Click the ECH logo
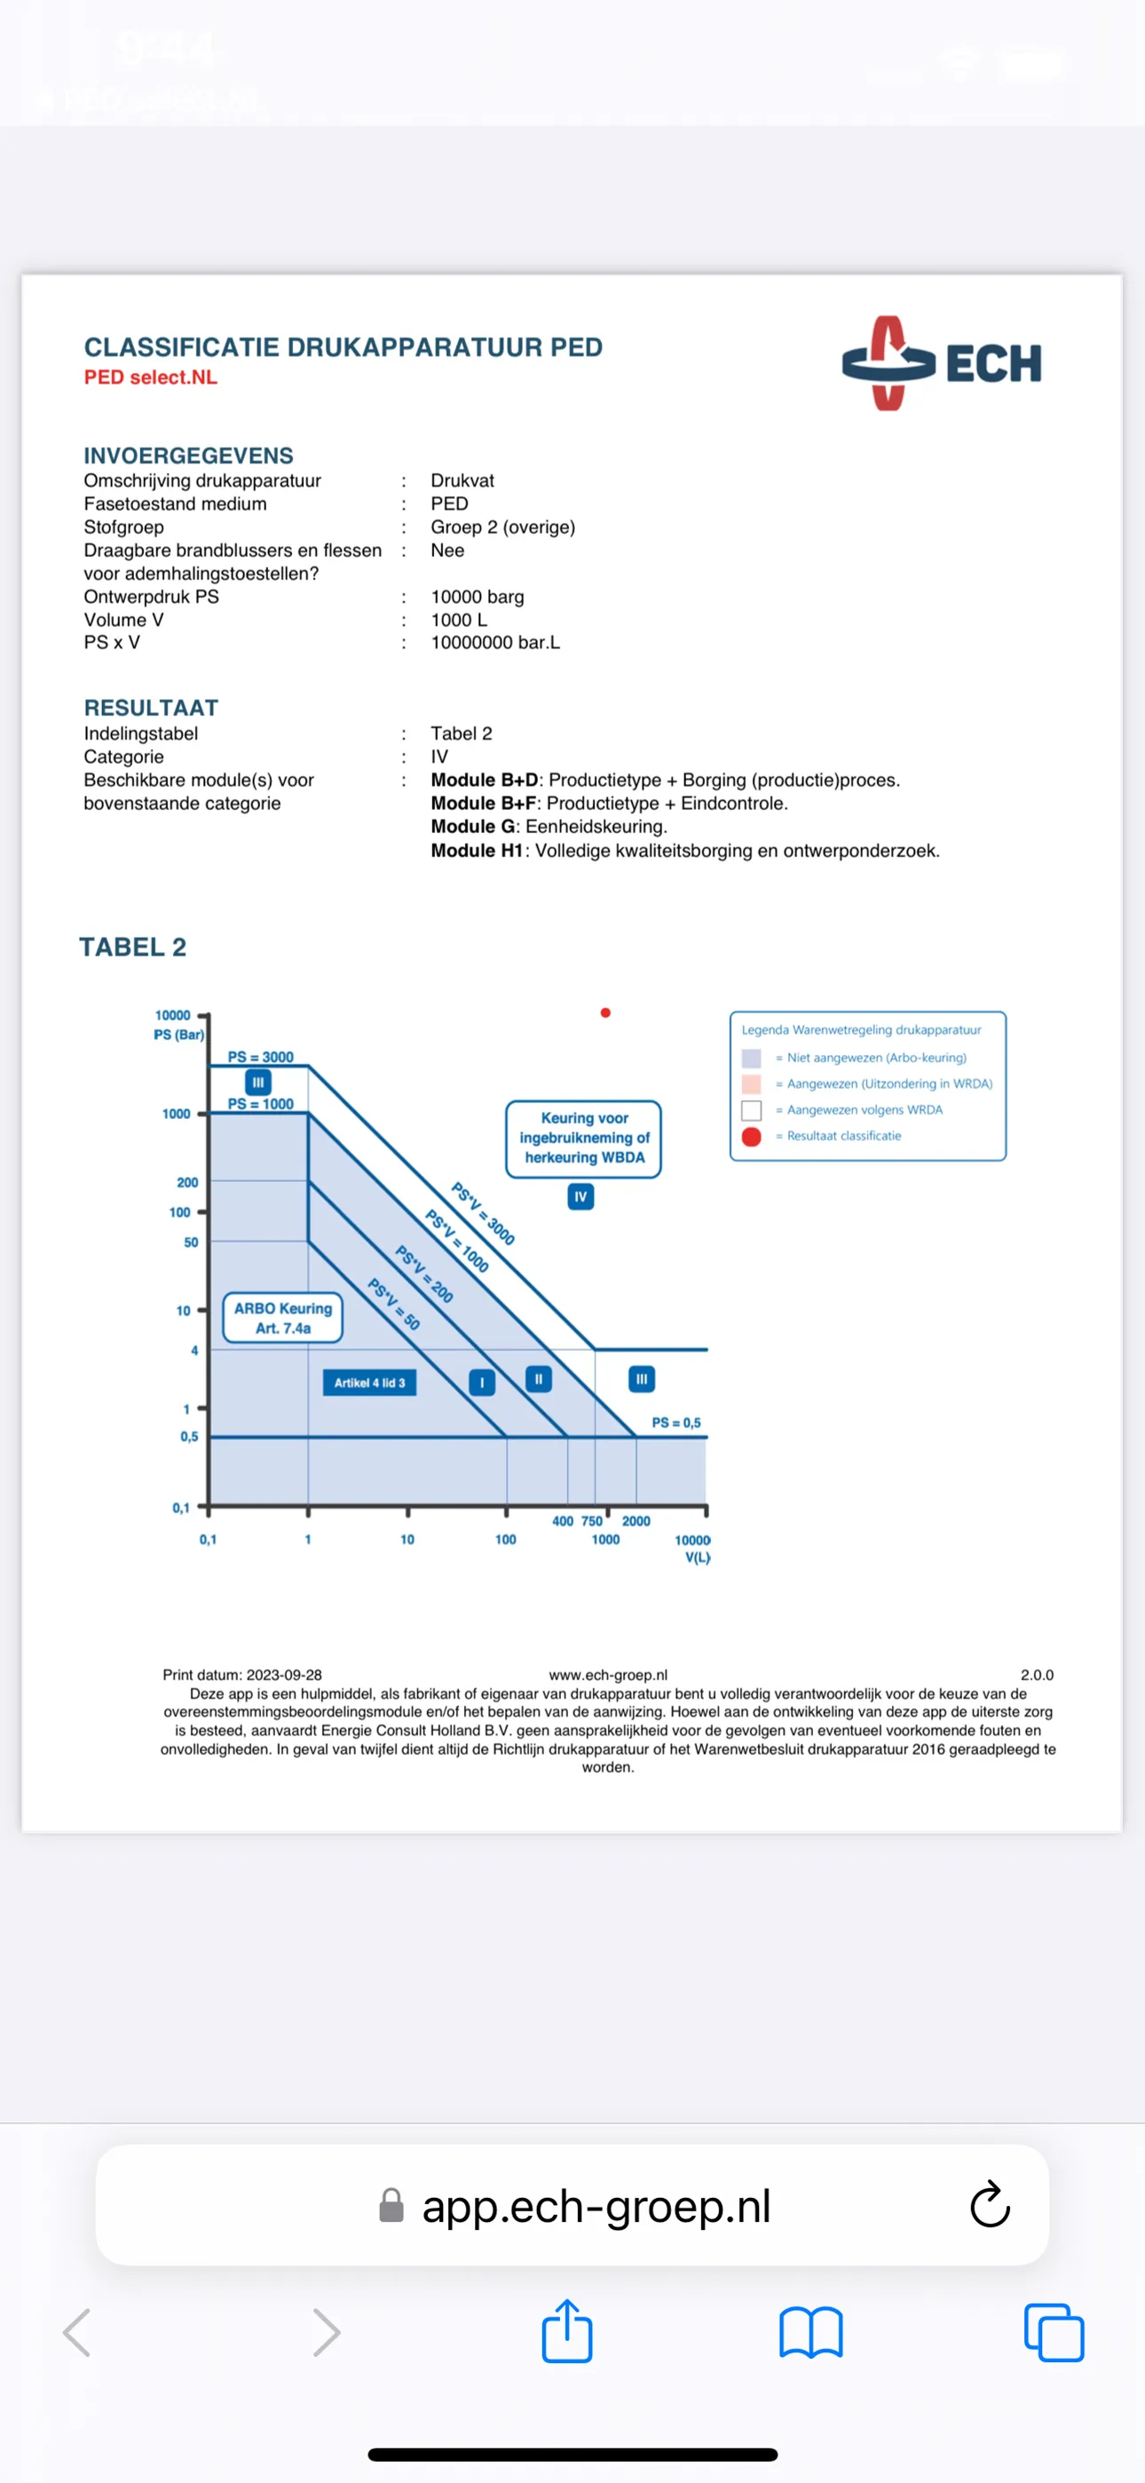[941, 363]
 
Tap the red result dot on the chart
[605, 1012]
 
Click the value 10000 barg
[478, 597]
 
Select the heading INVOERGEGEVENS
[188, 455]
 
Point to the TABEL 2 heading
[133, 947]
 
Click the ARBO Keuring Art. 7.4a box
[282, 1318]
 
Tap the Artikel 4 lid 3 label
[369, 1382]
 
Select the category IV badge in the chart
[580, 1196]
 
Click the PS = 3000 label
[260, 1057]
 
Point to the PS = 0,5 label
[675, 1422]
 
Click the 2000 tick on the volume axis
[636, 1520]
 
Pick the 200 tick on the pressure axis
[187, 1182]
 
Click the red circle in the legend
[752, 1137]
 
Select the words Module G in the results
[472, 826]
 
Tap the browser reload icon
[989, 2204]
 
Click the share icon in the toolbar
[566, 2332]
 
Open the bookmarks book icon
[810, 2332]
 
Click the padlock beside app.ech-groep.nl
[391, 2204]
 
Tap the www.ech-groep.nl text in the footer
[608, 1674]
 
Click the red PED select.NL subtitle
[150, 377]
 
